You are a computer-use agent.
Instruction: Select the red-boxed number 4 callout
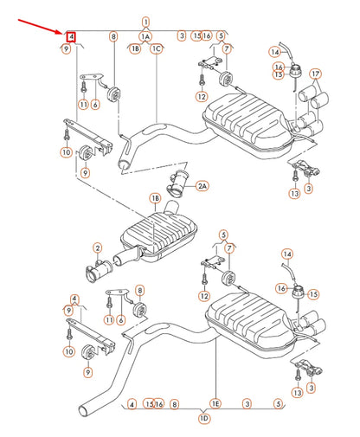[x=71, y=36]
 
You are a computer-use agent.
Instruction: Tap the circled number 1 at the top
[x=145, y=21]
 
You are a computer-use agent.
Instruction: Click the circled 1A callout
[x=145, y=36]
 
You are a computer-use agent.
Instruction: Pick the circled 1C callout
[x=157, y=49]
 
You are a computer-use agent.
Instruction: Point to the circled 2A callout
[x=202, y=186]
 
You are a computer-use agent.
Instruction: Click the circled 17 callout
[x=315, y=74]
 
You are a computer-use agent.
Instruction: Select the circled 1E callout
[x=215, y=404]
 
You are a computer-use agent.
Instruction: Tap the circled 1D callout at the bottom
[x=204, y=418]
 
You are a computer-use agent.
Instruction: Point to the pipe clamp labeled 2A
[x=180, y=184]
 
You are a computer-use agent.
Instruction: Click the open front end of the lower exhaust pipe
[x=86, y=408]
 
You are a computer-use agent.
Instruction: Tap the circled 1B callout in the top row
[x=134, y=49]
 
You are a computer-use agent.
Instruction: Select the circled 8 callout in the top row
[x=112, y=36]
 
